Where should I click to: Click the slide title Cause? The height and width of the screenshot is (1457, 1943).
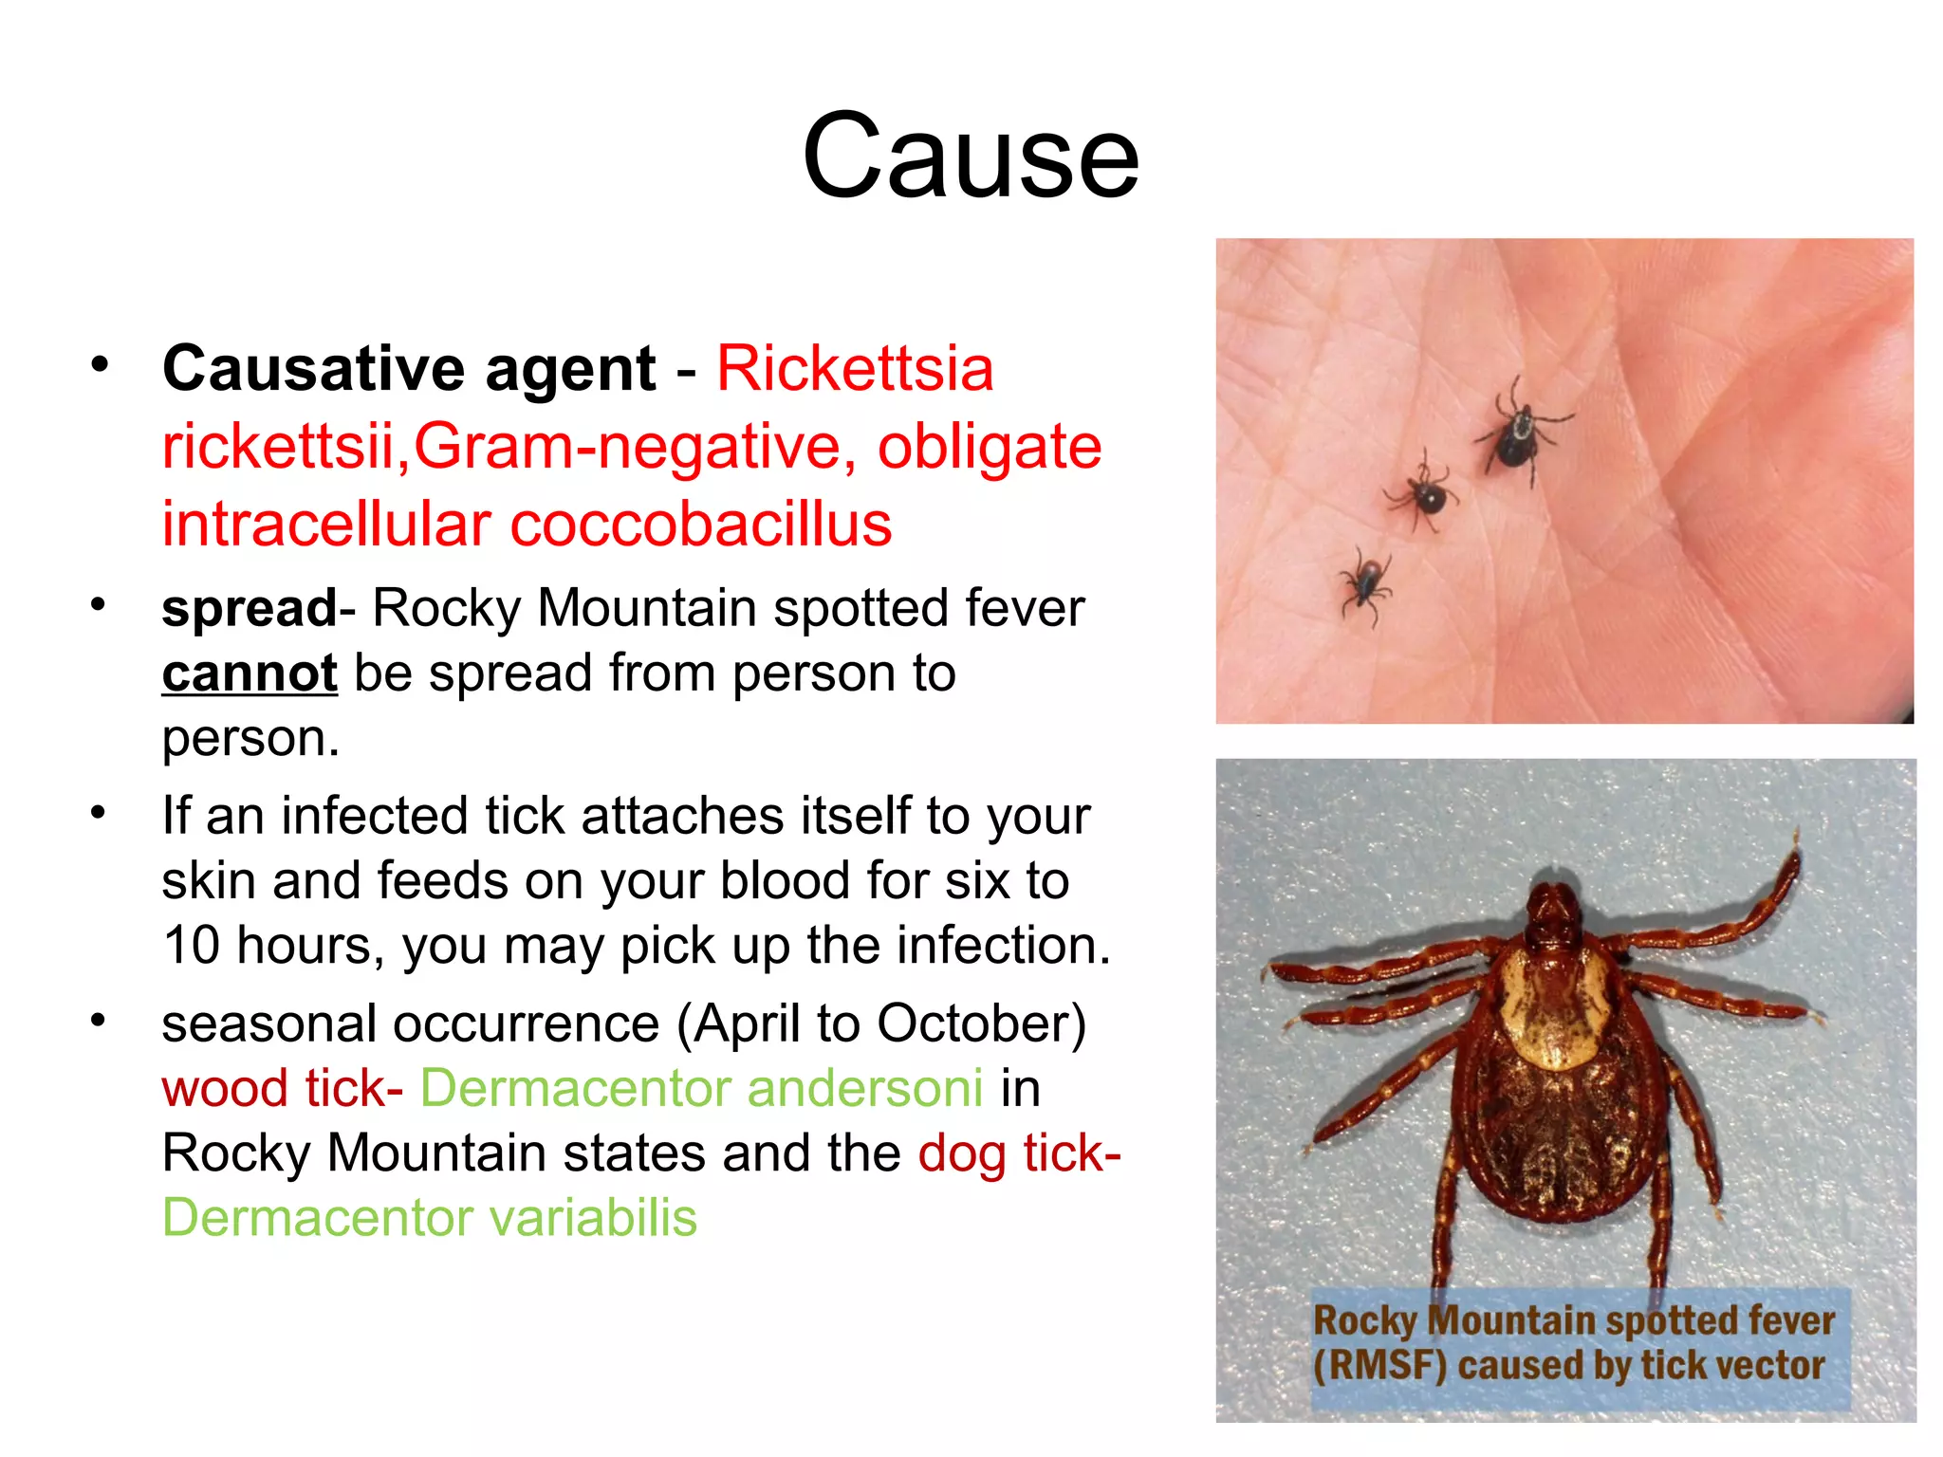point(970,157)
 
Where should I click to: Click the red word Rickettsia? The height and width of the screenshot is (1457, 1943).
point(855,368)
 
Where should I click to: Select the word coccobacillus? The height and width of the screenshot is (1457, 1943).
point(701,525)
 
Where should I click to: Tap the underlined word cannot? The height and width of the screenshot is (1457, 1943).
point(250,673)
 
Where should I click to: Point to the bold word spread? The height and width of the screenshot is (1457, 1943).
point(249,608)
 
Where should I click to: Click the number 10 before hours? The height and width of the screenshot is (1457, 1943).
point(191,946)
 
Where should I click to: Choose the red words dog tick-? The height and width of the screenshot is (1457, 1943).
point(1019,1153)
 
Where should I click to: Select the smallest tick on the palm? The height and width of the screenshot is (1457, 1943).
point(1365,580)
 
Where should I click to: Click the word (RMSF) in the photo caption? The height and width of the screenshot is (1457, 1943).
point(1379,1366)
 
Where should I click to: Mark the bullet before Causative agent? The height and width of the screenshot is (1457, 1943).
point(100,365)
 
